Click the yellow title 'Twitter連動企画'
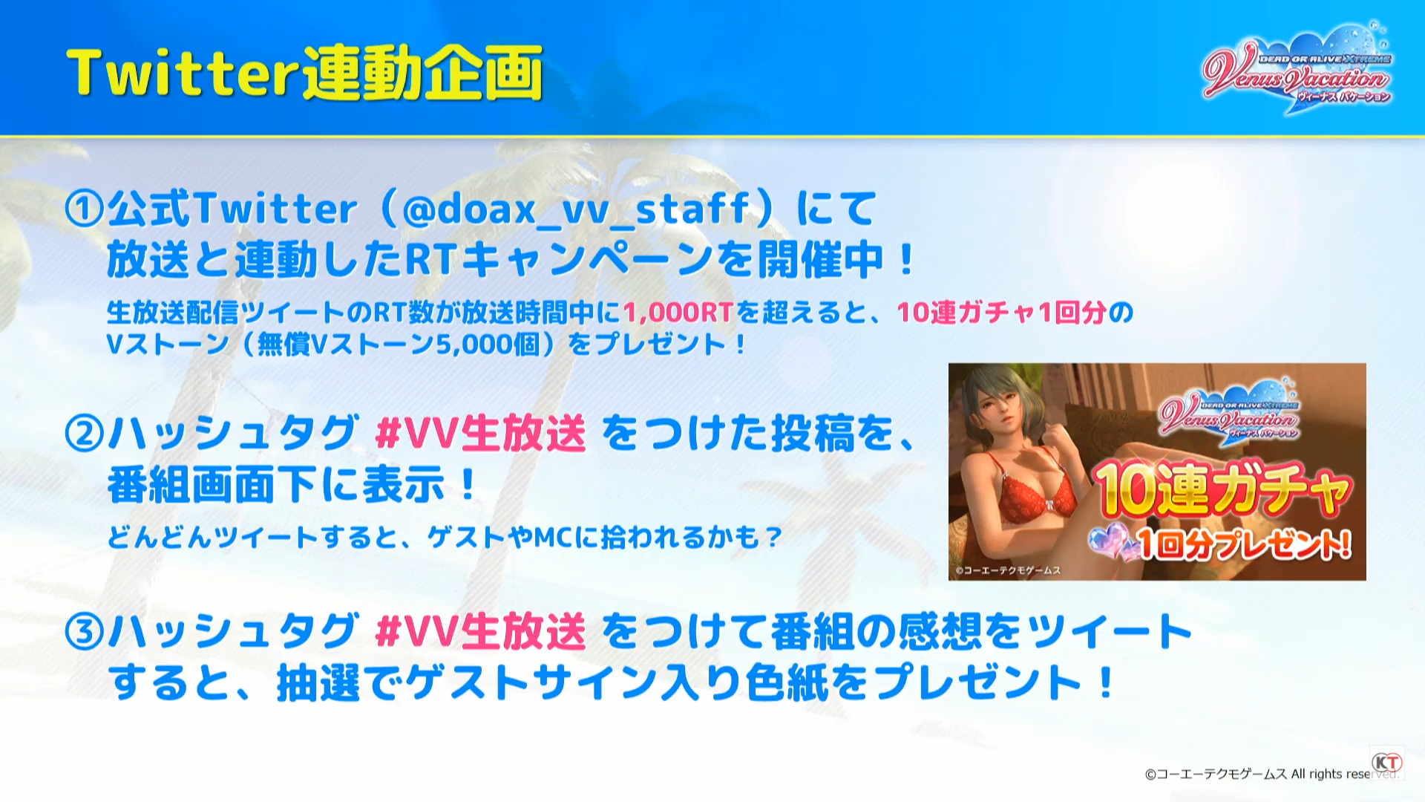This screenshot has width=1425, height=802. (304, 73)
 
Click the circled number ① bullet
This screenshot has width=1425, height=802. (84, 209)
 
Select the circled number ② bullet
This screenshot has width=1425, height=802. (84, 434)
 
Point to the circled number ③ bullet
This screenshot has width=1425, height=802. (84, 632)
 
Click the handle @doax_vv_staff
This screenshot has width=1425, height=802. (576, 209)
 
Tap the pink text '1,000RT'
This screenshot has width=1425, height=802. (678, 313)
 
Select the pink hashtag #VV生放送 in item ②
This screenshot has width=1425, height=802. (481, 434)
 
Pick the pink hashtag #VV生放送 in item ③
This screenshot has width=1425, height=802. (481, 632)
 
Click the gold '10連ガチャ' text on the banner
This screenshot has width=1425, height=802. (1223, 489)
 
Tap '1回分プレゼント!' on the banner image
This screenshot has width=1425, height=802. (1244, 544)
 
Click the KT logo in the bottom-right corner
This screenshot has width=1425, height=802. (1386, 762)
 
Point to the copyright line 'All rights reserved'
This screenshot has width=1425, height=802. (1343, 774)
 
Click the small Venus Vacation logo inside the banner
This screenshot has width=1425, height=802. (1229, 412)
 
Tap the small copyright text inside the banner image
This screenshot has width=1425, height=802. (1008, 570)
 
